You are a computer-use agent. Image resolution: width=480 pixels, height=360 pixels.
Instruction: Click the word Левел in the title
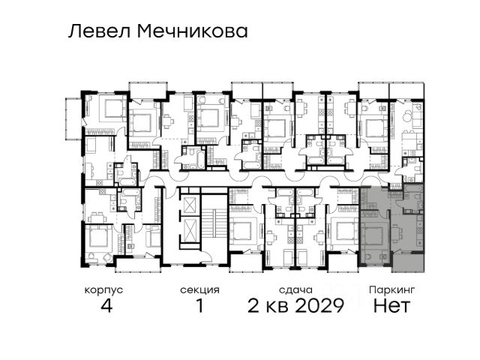coord(100,31)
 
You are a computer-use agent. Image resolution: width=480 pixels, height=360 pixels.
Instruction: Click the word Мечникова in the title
coord(193,31)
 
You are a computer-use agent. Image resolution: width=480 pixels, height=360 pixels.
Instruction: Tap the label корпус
coord(103,290)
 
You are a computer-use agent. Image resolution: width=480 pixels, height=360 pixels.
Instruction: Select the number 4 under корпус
coord(106,305)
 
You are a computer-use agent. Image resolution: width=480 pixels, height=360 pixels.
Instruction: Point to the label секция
coord(200,290)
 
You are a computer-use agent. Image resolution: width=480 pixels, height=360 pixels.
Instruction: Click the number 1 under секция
coord(200,305)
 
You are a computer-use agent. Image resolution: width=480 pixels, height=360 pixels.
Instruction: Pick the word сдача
coord(295,290)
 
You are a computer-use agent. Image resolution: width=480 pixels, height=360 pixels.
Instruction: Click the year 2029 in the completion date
coord(319,305)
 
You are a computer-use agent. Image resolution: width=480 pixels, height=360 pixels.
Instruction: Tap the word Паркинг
coord(391,289)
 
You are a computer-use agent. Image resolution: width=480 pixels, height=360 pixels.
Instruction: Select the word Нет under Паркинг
coord(391,305)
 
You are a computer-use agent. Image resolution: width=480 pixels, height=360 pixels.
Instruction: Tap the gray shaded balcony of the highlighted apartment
coord(408,262)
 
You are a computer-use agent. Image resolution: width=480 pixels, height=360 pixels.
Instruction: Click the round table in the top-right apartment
coord(408,116)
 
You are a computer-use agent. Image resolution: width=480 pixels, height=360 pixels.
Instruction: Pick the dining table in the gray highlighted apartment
coord(397,233)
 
